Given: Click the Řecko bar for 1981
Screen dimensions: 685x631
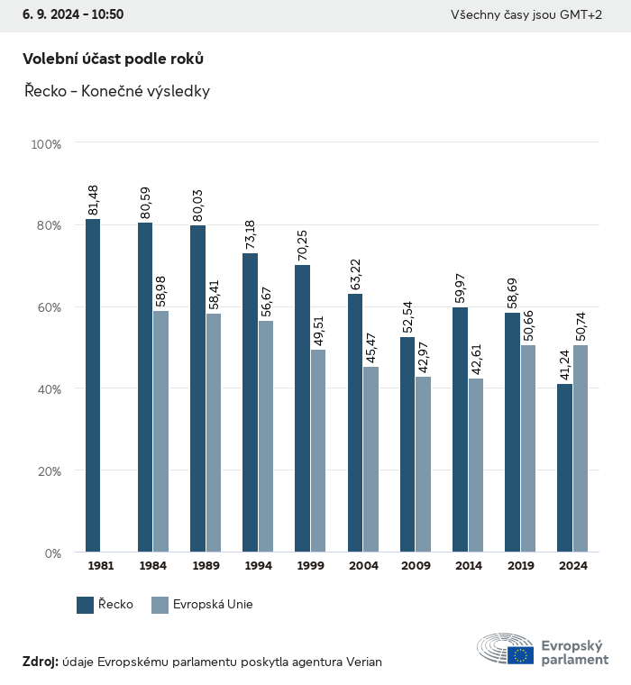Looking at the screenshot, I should tap(93, 385).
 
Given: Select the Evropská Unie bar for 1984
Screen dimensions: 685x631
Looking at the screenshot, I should tap(160, 431).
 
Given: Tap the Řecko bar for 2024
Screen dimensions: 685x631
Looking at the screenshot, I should tap(564, 468).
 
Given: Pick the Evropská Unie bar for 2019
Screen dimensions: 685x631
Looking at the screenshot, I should tap(527, 448).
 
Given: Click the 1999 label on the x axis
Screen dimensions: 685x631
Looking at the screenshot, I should tap(310, 566).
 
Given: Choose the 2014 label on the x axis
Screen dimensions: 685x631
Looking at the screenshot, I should tap(468, 566).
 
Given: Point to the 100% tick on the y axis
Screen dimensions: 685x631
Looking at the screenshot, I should tap(46, 144).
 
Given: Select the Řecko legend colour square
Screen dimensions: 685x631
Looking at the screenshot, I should tap(86, 605).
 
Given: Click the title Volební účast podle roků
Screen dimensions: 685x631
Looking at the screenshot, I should tap(113, 59).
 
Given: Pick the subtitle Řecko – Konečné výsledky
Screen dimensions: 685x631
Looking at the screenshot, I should tap(116, 92).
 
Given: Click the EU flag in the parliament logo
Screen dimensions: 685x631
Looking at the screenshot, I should tap(520, 655).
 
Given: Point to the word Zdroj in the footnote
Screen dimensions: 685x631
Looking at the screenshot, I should tap(40, 662).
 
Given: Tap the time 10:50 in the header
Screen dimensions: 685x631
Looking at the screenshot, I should tap(107, 14).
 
